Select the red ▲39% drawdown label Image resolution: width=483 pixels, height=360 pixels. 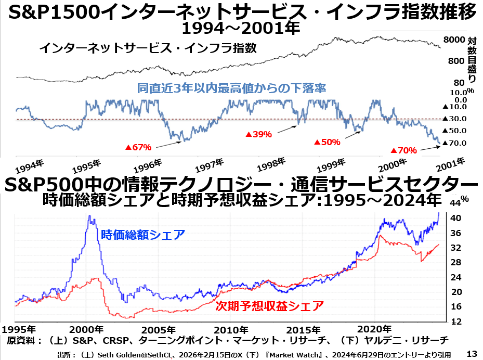[258, 134]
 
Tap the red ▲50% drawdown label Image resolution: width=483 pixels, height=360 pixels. [327, 142]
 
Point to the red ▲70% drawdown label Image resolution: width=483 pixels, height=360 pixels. [403, 150]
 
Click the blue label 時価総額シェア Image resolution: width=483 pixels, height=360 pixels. [143, 235]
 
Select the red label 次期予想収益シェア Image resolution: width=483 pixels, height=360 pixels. [270, 305]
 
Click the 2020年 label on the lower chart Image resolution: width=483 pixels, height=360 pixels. [376, 329]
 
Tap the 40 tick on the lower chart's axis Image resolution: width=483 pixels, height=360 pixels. [453, 218]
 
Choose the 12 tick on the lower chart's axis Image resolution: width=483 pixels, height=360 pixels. [453, 322]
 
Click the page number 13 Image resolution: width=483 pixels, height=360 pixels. [472, 354]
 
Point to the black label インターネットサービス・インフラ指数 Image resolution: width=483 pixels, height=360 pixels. [148, 48]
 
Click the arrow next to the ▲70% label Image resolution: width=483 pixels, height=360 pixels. [429, 149]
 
